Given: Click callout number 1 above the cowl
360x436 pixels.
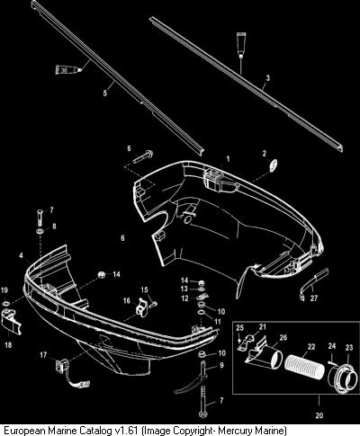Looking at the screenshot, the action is [228, 158].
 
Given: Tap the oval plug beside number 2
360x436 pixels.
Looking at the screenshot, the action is [273, 166].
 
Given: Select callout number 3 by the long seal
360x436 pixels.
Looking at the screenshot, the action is [268, 78].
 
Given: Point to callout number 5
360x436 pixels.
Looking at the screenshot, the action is [104, 93].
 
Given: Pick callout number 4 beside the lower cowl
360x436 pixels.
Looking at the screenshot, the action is [21, 255].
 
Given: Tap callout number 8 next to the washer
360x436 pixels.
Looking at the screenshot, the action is [54, 226].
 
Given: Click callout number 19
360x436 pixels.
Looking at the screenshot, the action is [4, 290].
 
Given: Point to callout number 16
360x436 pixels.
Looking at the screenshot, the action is [127, 300].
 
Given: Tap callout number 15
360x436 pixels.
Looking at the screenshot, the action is [144, 289].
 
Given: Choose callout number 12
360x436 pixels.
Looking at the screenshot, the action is [184, 298].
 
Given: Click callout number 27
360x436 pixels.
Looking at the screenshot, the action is [314, 298].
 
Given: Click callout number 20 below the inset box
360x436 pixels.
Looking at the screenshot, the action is [319, 415].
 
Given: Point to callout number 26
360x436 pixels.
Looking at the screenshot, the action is [283, 338].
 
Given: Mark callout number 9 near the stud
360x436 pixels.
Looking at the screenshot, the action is [221, 365].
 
